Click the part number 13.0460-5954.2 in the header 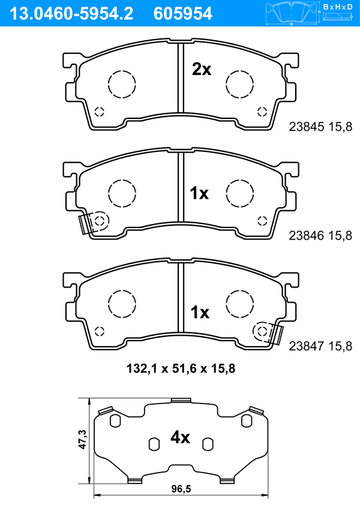coord(71,14)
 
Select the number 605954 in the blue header coord(183,14)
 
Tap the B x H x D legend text coord(338,7)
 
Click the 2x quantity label coord(202,69)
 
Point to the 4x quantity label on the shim coord(180,437)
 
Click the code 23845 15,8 coord(320,127)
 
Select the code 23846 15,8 coord(320,236)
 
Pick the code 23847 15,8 coord(320,346)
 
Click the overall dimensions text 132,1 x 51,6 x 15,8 coord(181,369)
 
